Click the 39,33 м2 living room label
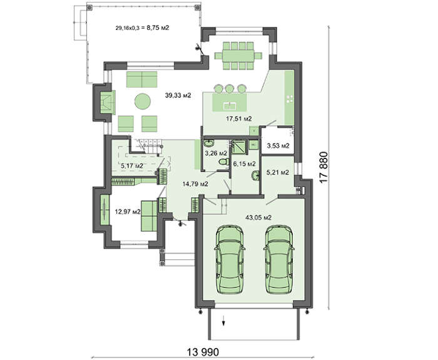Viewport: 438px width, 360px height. [x=178, y=96]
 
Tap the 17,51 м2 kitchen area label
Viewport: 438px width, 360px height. [x=239, y=119]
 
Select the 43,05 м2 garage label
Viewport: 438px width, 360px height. [x=258, y=217]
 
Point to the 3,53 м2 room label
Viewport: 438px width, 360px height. [x=278, y=146]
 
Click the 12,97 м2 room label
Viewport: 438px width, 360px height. [x=128, y=212]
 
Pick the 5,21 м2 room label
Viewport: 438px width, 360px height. [x=278, y=172]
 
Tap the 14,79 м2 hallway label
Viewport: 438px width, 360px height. [x=195, y=184]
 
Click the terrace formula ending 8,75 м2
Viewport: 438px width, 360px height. [x=142, y=28]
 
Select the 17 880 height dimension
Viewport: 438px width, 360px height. [x=323, y=167]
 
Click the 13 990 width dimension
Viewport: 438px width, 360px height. [x=203, y=352]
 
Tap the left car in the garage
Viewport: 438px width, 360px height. [x=230, y=259]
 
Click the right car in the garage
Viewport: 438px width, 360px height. [x=279, y=259]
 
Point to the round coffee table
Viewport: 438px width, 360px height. [x=143, y=101]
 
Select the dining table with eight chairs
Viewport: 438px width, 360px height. [x=238, y=56]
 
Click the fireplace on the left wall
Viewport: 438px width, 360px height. [x=108, y=103]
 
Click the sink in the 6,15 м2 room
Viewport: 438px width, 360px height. [x=255, y=176]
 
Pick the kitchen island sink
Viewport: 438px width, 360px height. [x=230, y=106]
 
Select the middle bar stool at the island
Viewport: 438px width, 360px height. [x=229, y=89]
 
